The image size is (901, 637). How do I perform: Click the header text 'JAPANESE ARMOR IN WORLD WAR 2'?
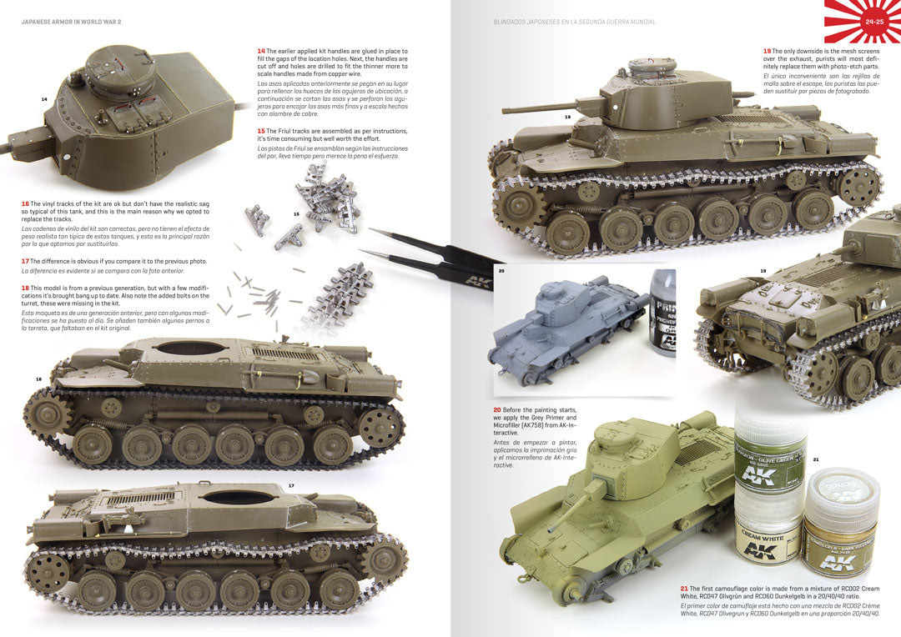click(72, 22)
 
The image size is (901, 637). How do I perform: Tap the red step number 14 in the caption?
click(261, 51)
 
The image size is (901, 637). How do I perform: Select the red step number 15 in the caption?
click(261, 131)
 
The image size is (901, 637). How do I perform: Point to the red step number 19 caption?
click(767, 51)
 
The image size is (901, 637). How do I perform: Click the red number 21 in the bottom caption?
click(684, 589)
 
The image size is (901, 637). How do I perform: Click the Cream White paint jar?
click(766, 530)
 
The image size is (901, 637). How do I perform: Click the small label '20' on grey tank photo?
click(501, 271)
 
